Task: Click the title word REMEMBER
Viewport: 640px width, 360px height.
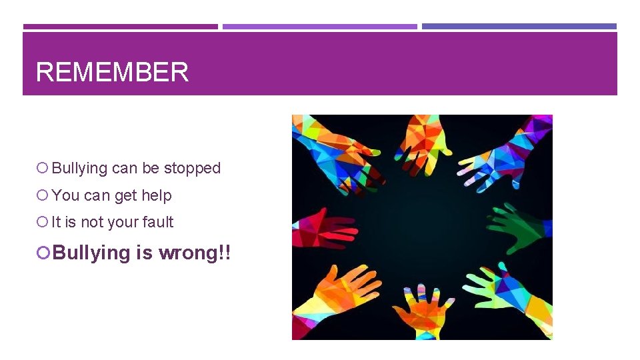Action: (x=112, y=72)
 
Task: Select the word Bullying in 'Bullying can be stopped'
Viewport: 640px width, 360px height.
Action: (x=79, y=168)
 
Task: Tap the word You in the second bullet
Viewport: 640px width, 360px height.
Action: (x=65, y=195)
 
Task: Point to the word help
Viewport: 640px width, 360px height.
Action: (x=157, y=195)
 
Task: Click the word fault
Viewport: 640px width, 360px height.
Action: (x=158, y=222)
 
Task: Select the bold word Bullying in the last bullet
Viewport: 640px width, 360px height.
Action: (x=91, y=253)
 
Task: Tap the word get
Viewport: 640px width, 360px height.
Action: (x=126, y=195)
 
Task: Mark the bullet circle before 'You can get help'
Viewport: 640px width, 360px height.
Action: (x=43, y=195)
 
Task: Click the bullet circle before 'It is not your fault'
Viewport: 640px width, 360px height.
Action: (x=43, y=222)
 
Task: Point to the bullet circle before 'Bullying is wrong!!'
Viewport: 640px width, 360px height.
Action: (x=44, y=253)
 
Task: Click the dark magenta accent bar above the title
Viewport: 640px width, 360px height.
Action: (x=120, y=27)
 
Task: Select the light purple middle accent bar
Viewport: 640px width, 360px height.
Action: (x=319, y=27)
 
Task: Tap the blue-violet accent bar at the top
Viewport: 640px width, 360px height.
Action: (x=519, y=27)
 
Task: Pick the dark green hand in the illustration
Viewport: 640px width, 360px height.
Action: (x=521, y=227)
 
